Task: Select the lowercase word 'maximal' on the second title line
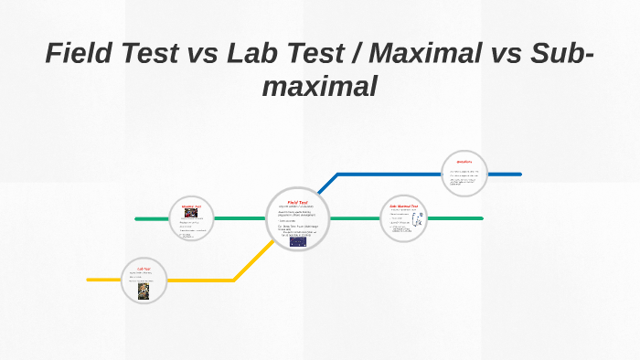[x=319, y=87]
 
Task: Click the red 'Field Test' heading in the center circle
[x=298, y=202]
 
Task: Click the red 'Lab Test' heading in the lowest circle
[x=144, y=269]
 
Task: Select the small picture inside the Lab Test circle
[x=144, y=290]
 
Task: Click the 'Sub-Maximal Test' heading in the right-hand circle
[x=403, y=206]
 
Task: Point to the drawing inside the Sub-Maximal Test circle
[x=416, y=224]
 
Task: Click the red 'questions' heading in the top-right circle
[x=464, y=161]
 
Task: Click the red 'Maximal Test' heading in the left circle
[x=191, y=206]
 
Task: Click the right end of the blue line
[x=519, y=174]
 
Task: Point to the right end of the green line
[x=481, y=218]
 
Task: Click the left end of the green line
[x=137, y=219]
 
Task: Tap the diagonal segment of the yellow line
[x=254, y=261]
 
